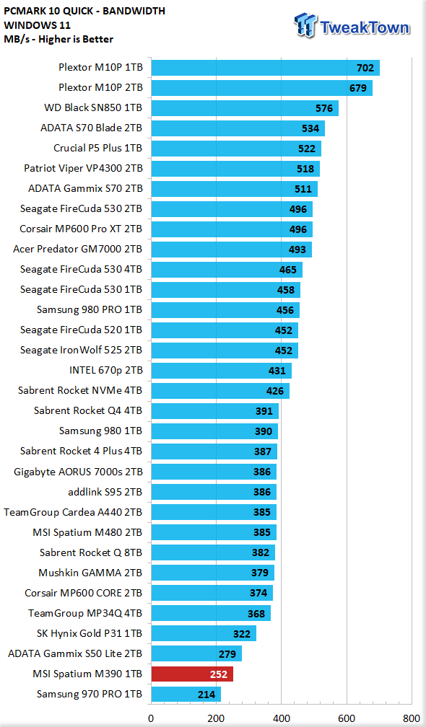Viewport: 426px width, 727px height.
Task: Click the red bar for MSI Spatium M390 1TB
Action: (192, 674)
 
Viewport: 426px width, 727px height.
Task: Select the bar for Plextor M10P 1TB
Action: (266, 68)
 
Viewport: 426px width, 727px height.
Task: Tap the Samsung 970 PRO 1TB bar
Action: (186, 695)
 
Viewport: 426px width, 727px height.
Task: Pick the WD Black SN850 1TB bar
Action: (245, 108)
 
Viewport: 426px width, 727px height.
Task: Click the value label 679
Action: (358, 88)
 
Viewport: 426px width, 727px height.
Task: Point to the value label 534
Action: (310, 128)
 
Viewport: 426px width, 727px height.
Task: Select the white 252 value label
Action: (219, 674)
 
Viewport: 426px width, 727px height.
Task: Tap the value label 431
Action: (277, 371)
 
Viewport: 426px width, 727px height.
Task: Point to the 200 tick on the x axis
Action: (216, 718)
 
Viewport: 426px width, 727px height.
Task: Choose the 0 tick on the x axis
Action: (151, 718)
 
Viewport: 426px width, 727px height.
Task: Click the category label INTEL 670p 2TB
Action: (105, 371)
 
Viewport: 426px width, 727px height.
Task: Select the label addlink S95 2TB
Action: (105, 491)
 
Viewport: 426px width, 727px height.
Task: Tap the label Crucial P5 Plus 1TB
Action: (98, 149)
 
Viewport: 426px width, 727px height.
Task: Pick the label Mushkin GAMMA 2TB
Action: (90, 573)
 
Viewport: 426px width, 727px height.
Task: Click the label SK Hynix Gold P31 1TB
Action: (90, 633)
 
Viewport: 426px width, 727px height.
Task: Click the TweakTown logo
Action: (352, 25)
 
